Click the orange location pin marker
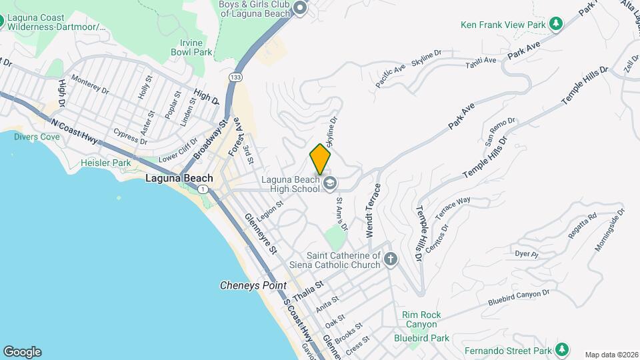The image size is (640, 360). (x=321, y=159)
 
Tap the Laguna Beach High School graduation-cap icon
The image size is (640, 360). (x=329, y=183)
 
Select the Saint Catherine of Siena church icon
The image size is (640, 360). (x=391, y=259)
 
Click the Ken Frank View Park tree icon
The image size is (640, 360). (x=555, y=25)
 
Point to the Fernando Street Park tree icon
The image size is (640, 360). (x=561, y=349)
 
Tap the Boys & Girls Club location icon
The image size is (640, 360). (x=300, y=9)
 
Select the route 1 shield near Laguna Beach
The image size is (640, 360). (x=203, y=190)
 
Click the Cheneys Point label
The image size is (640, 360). (x=253, y=285)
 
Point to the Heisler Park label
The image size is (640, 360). (x=105, y=162)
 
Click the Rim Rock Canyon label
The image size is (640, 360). (x=419, y=319)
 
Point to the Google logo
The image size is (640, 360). (x=21, y=352)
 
